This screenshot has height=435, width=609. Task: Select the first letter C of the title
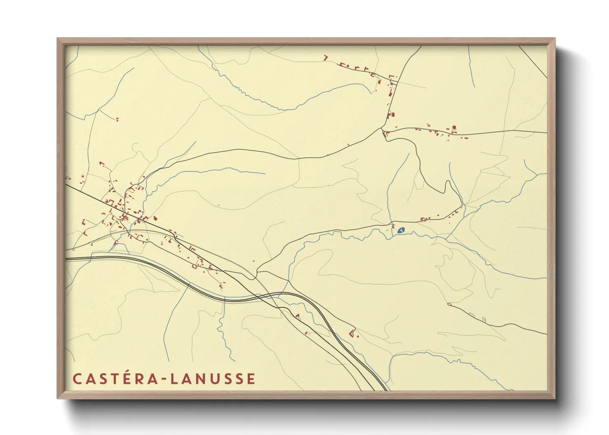[x=77, y=379]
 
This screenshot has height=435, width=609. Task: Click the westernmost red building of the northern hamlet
[x=325, y=58]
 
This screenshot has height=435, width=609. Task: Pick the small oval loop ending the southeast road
[x=484, y=319]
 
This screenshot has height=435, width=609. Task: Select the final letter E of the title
[x=251, y=379]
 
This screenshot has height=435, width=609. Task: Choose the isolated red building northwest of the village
[x=117, y=120]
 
